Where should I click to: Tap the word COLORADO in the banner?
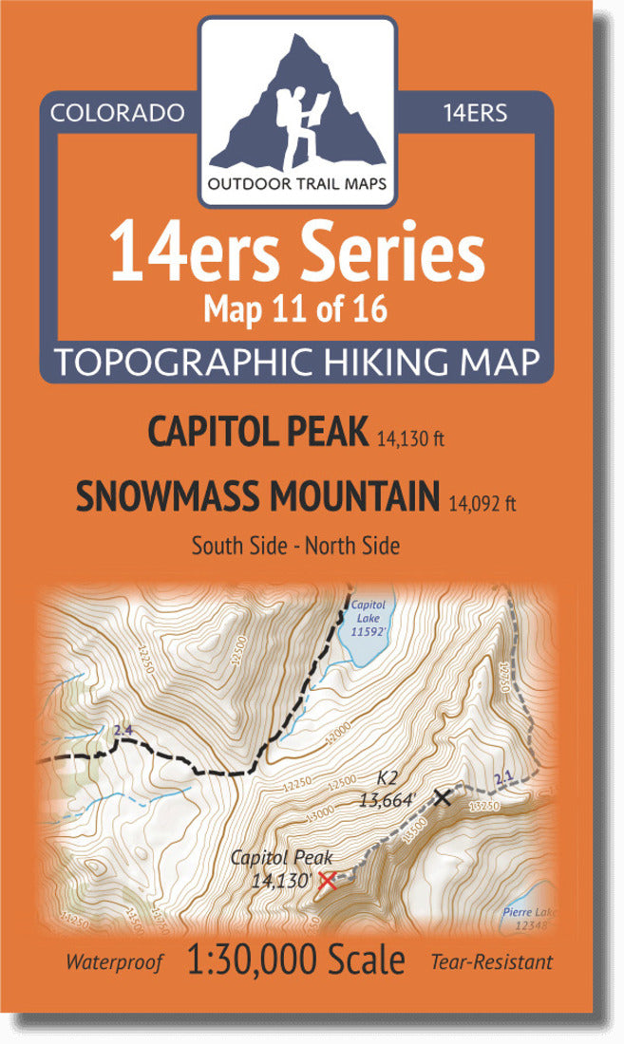(x=117, y=113)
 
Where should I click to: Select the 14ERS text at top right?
(x=475, y=113)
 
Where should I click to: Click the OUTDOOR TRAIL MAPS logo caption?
(x=297, y=184)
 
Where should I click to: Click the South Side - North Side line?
(x=295, y=546)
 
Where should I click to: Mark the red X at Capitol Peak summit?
(x=328, y=880)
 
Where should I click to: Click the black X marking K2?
(x=442, y=797)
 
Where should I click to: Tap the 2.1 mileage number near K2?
(x=503, y=780)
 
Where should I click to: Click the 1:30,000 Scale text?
(x=296, y=960)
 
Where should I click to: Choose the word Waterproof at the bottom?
(x=114, y=961)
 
